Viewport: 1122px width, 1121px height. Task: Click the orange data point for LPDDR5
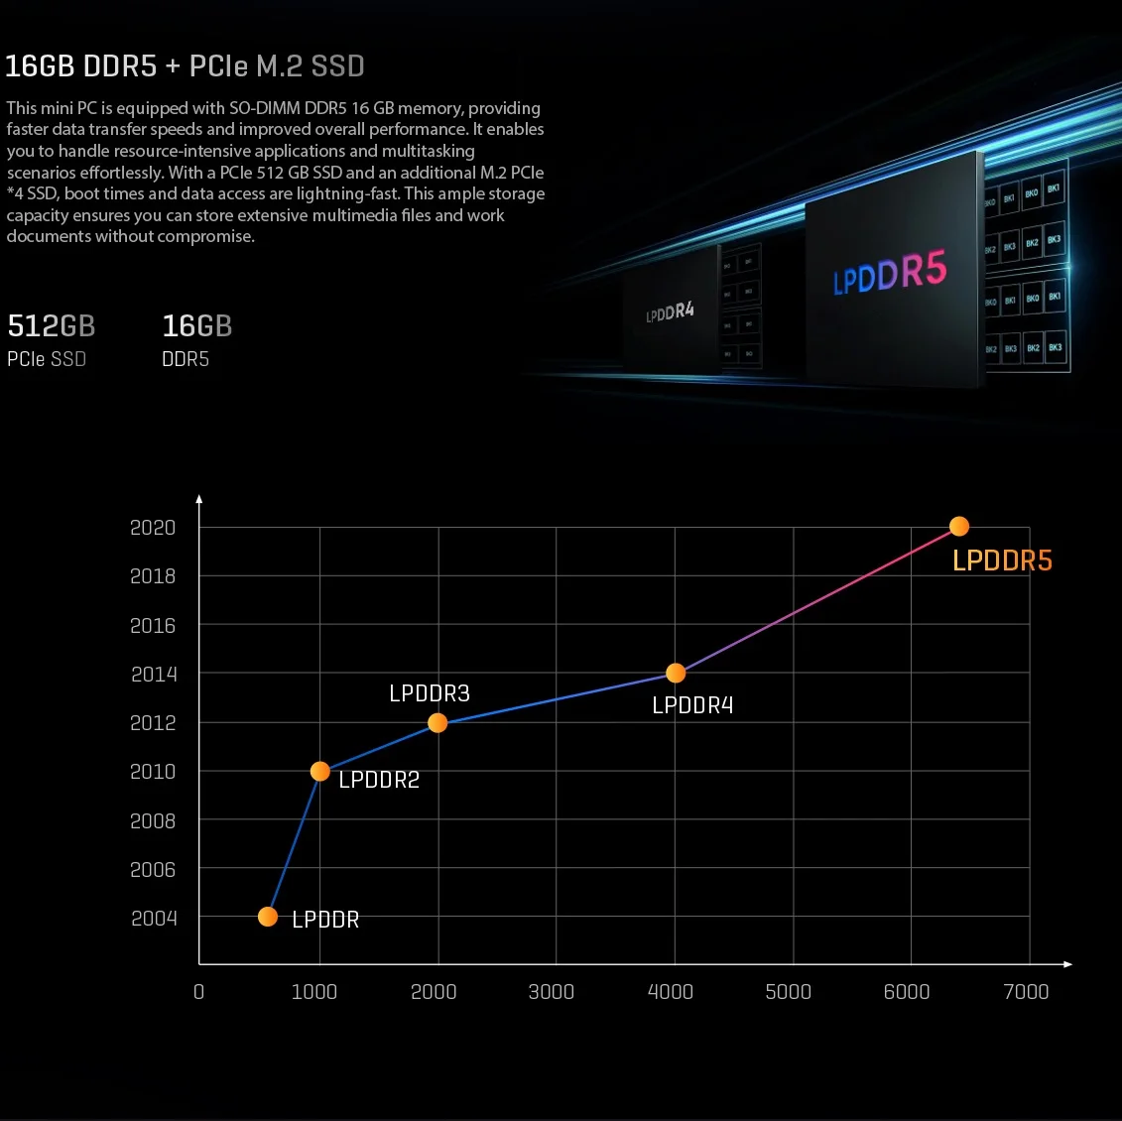click(958, 527)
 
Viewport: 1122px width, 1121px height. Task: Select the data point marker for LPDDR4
click(676, 674)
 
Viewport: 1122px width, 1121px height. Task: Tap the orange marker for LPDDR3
click(437, 723)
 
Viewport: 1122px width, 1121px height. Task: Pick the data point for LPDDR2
click(319, 771)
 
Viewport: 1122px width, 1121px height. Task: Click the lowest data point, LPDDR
click(268, 917)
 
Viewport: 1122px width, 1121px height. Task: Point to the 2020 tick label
click(153, 528)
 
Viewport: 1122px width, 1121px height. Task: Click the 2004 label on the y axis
click(154, 919)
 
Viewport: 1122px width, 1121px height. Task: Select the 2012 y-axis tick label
click(153, 723)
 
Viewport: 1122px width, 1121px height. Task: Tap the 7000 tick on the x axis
click(1026, 992)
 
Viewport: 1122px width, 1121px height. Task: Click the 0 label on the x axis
click(198, 992)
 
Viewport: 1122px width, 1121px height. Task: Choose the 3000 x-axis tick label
click(552, 992)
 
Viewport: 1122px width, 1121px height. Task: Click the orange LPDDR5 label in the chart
click(1002, 561)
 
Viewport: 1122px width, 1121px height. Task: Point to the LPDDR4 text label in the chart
click(692, 705)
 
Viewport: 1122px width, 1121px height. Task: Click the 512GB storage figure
click(52, 326)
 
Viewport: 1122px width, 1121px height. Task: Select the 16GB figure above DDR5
click(196, 326)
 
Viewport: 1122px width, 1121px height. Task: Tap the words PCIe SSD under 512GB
click(47, 359)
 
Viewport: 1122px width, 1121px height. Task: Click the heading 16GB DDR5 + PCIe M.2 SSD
click(186, 66)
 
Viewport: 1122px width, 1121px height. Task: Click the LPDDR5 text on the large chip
click(890, 272)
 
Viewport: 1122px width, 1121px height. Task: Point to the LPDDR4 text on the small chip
click(670, 312)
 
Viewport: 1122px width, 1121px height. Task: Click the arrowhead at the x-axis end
click(1067, 964)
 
